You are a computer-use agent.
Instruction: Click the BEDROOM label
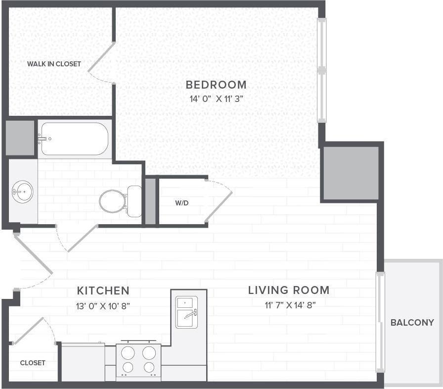coord(216,85)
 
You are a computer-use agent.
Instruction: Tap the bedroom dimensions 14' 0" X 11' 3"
coord(216,98)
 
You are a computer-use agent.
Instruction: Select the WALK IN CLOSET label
coord(54,64)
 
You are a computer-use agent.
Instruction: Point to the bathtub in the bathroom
coord(75,139)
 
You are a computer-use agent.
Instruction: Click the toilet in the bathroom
coord(119,201)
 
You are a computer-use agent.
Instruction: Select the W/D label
coord(181,203)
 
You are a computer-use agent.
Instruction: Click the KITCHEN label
coord(103,291)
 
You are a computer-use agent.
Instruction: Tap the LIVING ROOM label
coord(289,290)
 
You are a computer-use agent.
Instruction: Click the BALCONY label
coord(412,323)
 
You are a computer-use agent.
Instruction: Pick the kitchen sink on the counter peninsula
coord(187,312)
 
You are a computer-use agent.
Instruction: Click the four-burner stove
coord(138,360)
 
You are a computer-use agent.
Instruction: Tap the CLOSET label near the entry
coord(33,363)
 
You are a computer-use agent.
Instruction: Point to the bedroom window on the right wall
coord(321,70)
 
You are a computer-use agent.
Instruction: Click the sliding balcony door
coord(380,322)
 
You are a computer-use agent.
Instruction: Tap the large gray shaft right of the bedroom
coord(350,173)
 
